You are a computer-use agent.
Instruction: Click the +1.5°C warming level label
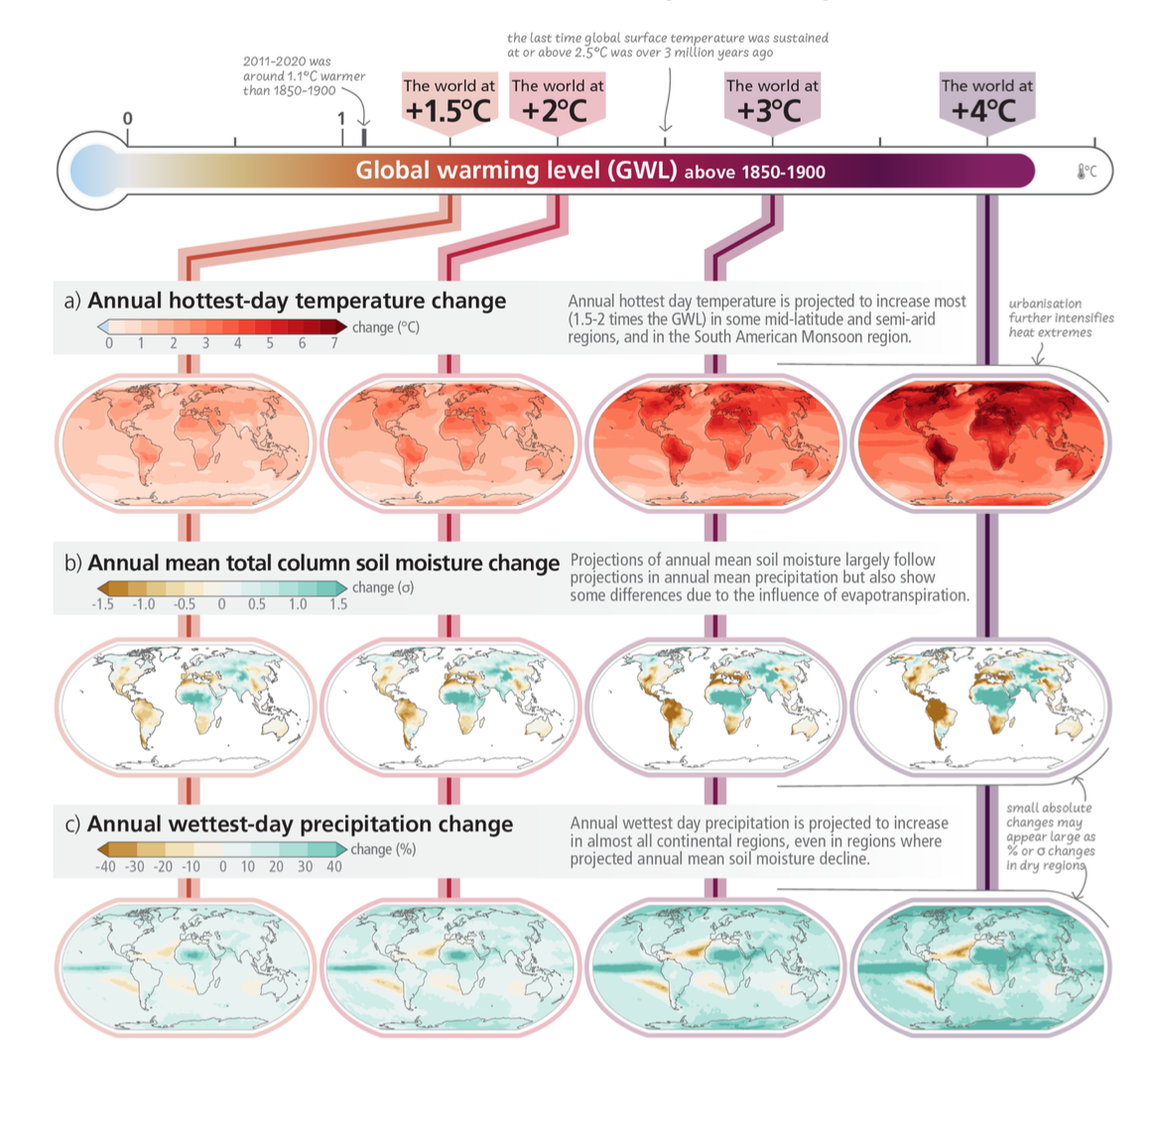tap(449, 100)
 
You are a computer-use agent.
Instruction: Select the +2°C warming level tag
tap(557, 100)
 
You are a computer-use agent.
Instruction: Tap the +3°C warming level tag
tap(772, 100)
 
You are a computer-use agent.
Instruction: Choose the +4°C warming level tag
tap(986, 100)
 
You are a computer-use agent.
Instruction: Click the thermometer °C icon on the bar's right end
tap(1087, 172)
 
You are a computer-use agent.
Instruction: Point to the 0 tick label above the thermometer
tap(127, 119)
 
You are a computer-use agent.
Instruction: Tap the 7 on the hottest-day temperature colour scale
tap(334, 343)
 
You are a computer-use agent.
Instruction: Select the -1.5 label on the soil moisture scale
tap(103, 604)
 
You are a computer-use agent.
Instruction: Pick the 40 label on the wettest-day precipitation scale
tap(334, 866)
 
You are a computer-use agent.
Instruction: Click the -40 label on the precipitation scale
tap(105, 866)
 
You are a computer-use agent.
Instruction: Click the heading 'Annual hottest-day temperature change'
tap(297, 301)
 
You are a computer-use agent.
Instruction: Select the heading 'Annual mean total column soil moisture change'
tap(323, 563)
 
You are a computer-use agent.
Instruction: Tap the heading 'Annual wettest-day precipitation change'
tap(300, 824)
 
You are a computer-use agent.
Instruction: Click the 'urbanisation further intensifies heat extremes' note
tap(1061, 317)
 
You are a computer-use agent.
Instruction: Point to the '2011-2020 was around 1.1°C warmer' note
tap(304, 76)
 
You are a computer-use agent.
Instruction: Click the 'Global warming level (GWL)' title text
tap(516, 171)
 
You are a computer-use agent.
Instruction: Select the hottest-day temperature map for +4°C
tap(980, 442)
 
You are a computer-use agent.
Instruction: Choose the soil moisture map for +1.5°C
tap(186, 704)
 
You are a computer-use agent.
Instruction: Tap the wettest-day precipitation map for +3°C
tap(715, 966)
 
